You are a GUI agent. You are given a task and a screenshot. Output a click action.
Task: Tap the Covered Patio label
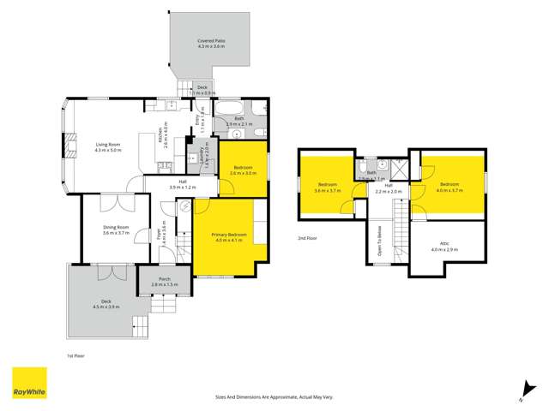point(210,39)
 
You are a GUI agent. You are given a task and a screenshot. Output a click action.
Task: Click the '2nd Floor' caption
point(307,238)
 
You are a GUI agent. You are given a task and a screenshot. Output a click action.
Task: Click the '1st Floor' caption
point(75,354)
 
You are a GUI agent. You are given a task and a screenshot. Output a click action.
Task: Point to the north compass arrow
point(523,392)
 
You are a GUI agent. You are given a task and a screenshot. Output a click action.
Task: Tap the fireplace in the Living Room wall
point(65,146)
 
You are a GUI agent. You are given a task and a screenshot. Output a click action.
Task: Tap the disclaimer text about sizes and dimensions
point(274,397)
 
